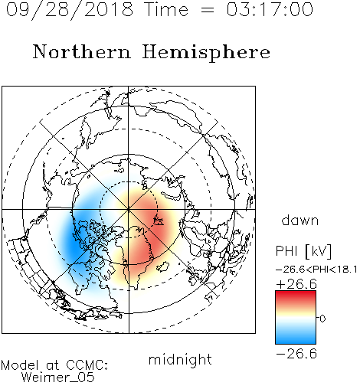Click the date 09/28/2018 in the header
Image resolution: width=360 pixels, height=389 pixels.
point(70,9)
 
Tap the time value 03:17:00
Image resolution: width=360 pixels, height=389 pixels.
point(270,9)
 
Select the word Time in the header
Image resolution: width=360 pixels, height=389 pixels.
point(166,9)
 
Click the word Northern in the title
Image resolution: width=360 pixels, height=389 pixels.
point(82,51)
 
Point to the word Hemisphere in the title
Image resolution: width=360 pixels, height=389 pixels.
point(206,53)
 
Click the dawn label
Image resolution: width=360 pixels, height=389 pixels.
point(300,220)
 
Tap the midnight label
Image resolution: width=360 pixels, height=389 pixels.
point(180,359)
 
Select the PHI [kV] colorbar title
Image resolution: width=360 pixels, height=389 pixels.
point(303,251)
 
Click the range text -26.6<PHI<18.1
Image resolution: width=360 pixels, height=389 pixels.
point(316,270)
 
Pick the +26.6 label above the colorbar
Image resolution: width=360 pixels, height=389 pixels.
point(296,284)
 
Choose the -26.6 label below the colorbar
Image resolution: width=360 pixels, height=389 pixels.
point(296,354)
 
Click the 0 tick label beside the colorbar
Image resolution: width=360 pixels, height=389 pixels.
point(322,319)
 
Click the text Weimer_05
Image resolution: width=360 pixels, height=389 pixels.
point(58,378)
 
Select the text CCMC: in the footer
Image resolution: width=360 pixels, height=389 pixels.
point(87,365)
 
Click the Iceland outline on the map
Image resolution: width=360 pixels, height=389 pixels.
point(163,266)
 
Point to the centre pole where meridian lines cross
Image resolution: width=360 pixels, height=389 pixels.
point(129,209)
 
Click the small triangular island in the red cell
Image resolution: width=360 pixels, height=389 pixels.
point(159,221)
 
